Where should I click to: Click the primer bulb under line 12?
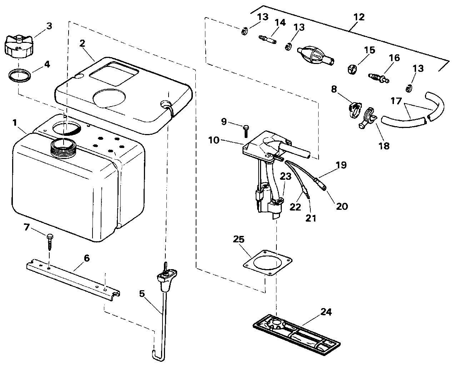coord(315,56)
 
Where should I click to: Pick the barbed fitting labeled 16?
coord(378,76)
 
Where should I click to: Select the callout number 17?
coord(396,102)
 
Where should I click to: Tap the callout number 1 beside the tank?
coord(15,123)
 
